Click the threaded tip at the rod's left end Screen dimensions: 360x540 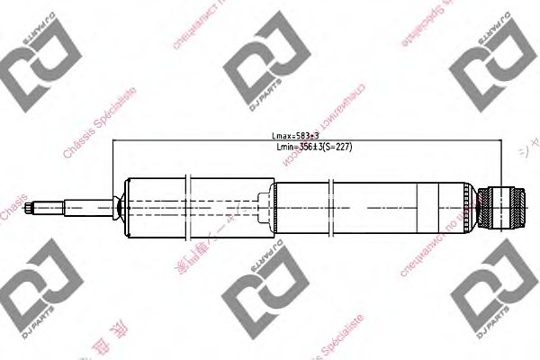pyautogui.click(x=34, y=210)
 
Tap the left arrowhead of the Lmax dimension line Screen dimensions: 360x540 pyautogui.click(x=115, y=142)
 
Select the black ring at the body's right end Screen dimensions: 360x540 pyautogui.click(x=469, y=208)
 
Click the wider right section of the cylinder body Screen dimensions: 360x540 pyautogui.click(x=369, y=208)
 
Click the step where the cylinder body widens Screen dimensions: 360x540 pyautogui.click(x=274, y=208)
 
